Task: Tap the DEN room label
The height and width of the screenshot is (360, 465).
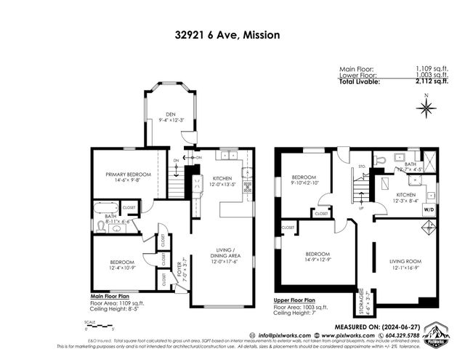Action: point(170,116)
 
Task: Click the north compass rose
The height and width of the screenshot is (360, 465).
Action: point(426,109)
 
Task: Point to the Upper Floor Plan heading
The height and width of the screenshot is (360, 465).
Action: point(295,300)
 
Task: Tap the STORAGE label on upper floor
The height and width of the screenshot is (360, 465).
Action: point(357,302)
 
